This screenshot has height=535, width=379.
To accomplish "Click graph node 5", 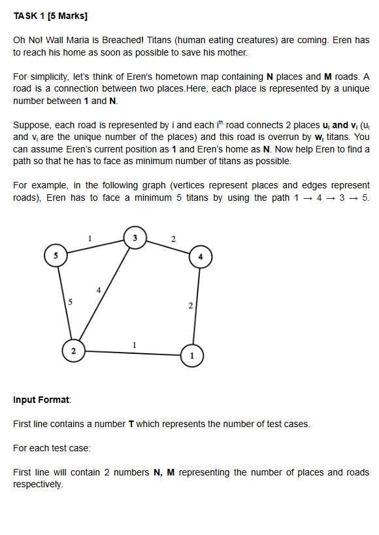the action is (56, 255).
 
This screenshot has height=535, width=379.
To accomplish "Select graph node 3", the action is (135, 237).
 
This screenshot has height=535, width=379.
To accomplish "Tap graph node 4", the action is (200, 256).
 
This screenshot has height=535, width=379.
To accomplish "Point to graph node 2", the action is (73, 351).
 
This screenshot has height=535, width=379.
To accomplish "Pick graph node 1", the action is (191, 354).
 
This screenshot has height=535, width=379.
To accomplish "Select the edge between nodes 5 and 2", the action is (64, 303).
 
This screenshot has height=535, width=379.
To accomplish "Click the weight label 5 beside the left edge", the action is (71, 302).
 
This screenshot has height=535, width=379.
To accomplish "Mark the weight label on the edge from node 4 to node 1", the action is (190, 305).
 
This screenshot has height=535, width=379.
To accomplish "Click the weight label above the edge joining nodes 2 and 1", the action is (134, 344).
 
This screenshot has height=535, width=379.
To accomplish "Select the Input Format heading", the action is (42, 400).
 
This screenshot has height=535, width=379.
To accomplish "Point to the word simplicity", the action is (50, 77).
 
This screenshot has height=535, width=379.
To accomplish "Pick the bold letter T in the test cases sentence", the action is (131, 424).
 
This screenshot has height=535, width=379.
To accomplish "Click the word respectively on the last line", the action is (38, 485).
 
